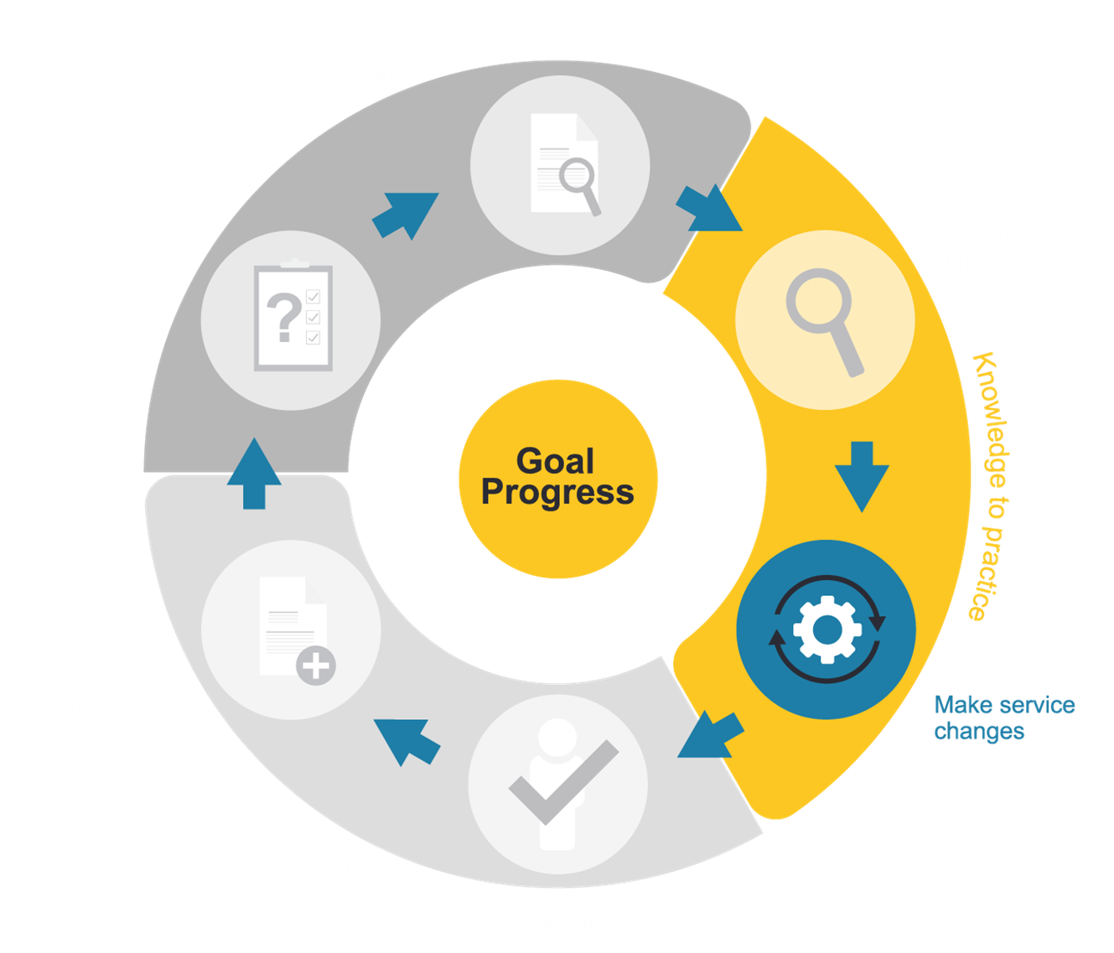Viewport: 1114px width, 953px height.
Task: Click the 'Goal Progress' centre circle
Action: pos(557,479)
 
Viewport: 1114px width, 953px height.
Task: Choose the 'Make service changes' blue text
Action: pos(1003,717)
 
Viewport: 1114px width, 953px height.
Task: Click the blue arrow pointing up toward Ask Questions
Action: pos(254,474)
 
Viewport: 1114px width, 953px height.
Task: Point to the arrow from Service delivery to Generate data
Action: pos(407,740)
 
